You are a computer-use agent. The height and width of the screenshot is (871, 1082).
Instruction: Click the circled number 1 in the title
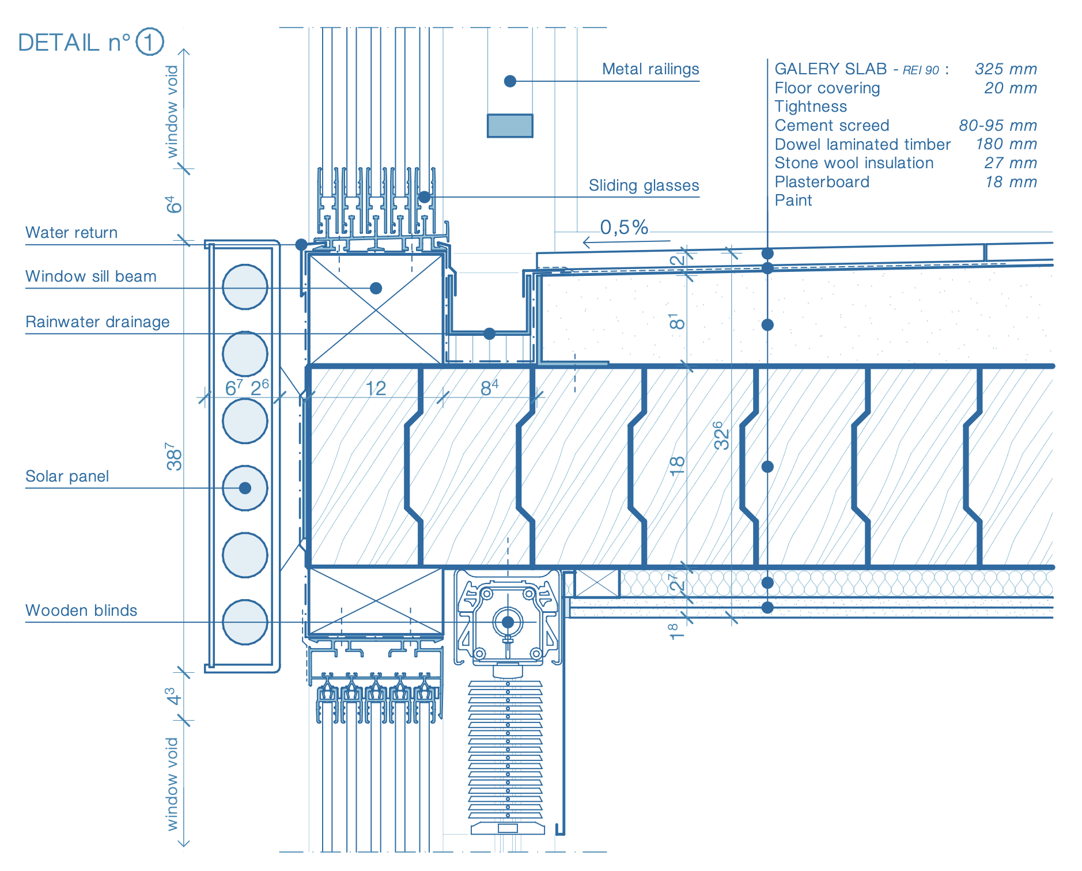150,42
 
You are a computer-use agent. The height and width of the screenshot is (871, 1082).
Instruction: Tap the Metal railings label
650,69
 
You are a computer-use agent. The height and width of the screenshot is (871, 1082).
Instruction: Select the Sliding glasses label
644,185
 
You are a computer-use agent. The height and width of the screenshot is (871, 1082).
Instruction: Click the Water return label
71,233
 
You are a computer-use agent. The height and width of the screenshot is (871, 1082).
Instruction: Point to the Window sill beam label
91,277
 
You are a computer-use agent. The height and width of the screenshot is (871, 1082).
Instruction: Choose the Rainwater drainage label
97,322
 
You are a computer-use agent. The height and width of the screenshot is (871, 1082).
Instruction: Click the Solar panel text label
67,476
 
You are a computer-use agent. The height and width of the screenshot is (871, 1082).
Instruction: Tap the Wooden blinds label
81,611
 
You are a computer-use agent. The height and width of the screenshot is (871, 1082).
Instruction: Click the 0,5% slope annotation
624,228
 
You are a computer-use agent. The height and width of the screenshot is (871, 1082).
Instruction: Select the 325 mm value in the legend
1005,69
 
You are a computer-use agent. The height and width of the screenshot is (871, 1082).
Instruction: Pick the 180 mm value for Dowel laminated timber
1006,144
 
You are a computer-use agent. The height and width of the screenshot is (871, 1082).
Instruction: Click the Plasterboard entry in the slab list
822,182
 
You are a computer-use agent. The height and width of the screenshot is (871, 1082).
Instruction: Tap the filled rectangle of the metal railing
510,126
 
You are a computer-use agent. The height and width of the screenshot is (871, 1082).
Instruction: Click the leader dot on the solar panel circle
245,488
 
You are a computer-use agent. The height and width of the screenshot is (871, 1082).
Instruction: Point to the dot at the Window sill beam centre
376,288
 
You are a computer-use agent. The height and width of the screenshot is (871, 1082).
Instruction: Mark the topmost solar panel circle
245,287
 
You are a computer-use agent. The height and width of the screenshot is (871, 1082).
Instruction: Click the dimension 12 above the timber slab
376,389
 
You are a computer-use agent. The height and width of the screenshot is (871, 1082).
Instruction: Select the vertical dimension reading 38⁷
173,456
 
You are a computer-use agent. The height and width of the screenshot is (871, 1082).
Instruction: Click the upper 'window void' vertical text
172,111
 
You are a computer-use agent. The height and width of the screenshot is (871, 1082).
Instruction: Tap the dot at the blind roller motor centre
508,622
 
